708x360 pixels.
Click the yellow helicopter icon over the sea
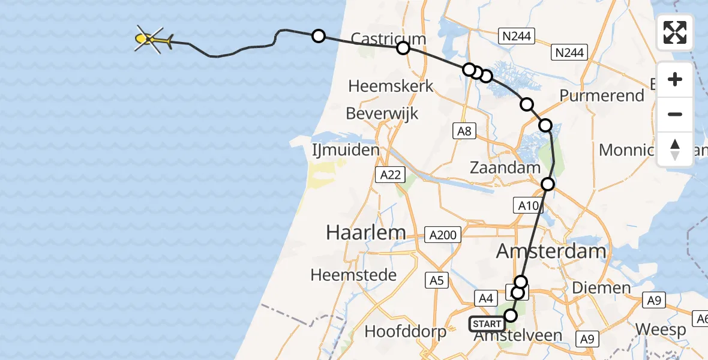coord(151,40)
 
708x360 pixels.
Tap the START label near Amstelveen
coord(487,324)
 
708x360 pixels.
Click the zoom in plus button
coord(675,80)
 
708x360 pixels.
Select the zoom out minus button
coord(675,114)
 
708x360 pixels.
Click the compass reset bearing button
coord(675,149)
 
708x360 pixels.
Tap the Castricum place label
coord(388,40)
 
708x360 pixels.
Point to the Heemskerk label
coord(391,86)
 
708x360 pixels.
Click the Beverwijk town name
coord(382,113)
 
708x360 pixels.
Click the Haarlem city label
coord(365,232)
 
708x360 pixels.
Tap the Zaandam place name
coord(505,167)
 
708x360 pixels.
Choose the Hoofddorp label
coord(405,331)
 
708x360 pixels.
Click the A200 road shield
coord(443,235)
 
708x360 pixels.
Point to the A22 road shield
coord(391,175)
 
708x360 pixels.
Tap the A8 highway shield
coord(464,131)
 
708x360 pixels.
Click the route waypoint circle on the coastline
coord(319,36)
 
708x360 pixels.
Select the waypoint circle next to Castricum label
coord(403,48)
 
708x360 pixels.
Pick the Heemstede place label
coord(353,275)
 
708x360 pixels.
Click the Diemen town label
coord(601,288)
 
